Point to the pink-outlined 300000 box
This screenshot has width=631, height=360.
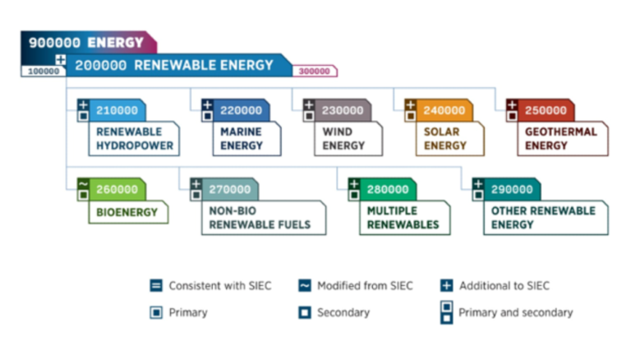[315, 72]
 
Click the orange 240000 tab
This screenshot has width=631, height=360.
[444, 110]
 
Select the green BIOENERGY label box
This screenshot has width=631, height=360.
[127, 212]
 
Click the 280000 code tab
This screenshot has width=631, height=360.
[386, 190]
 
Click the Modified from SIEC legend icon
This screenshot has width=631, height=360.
[304, 286]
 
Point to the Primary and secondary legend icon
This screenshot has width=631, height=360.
[445, 312]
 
